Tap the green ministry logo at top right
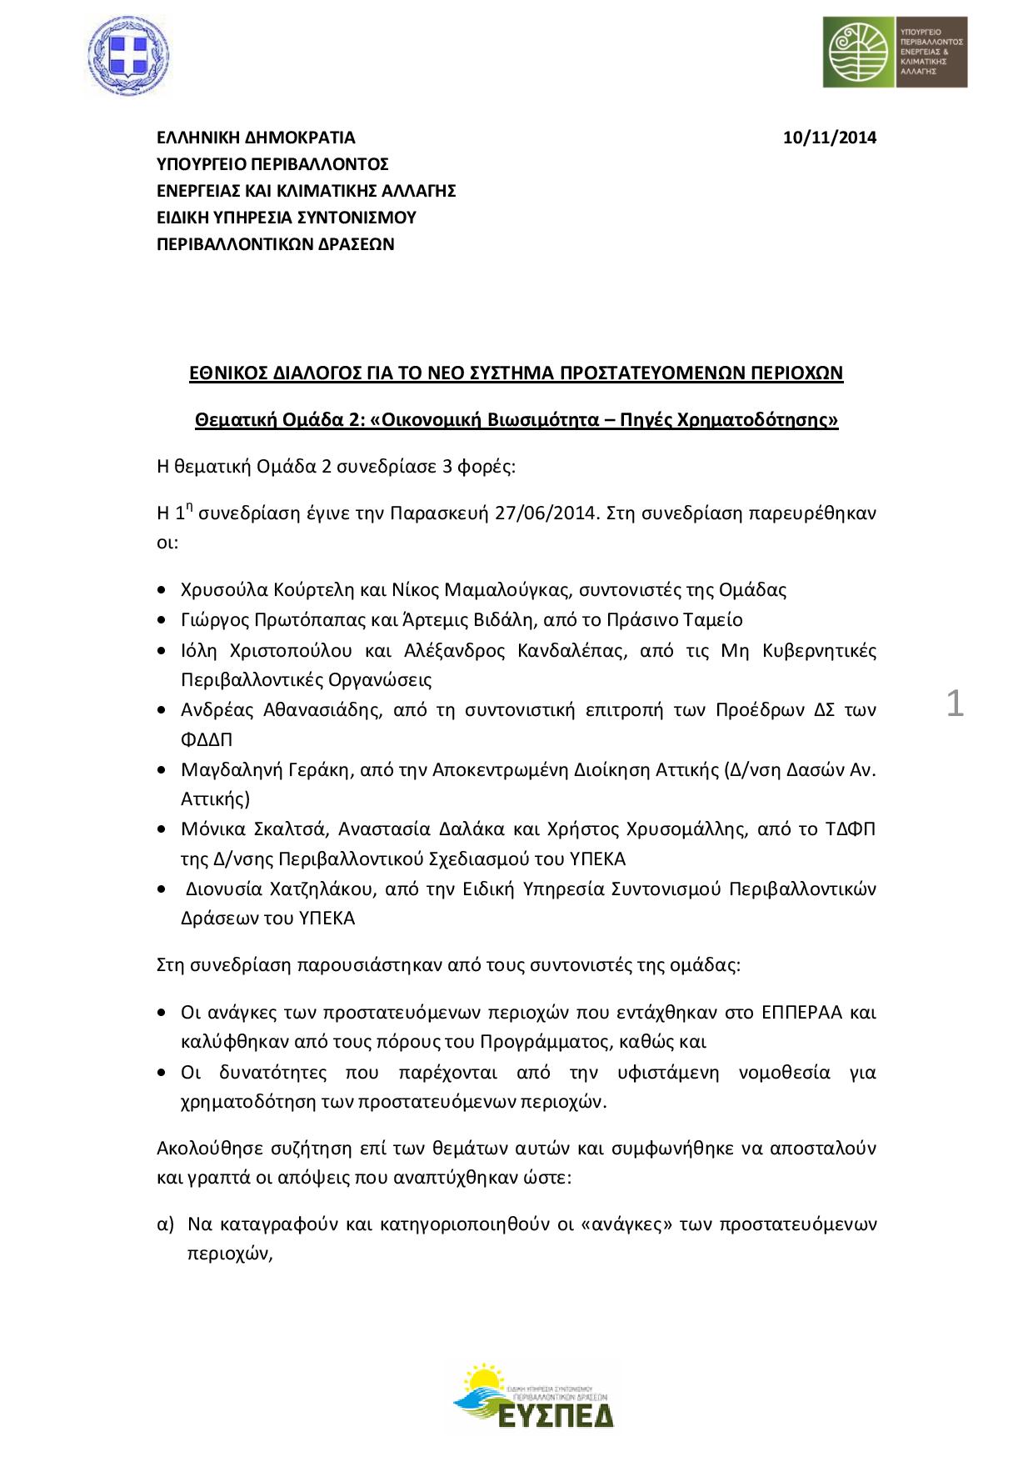click(895, 52)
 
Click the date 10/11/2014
click(830, 138)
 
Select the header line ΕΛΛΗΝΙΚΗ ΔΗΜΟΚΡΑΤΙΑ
click(257, 138)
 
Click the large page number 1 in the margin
click(956, 704)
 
